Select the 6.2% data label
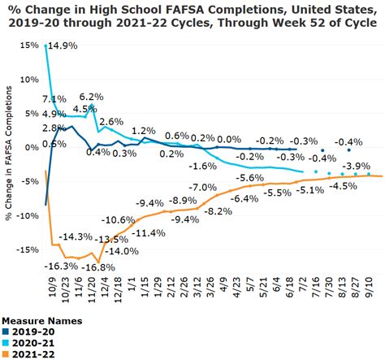pos(92,97)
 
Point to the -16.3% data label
pos(63,266)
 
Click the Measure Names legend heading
pos(37,319)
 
